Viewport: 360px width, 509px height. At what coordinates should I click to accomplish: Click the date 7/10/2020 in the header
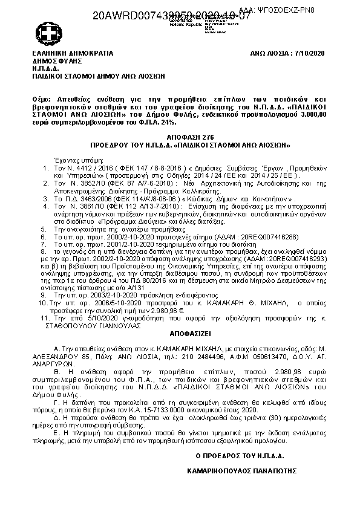[x=311, y=53]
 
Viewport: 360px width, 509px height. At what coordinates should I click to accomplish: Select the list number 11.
[x=43, y=317]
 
